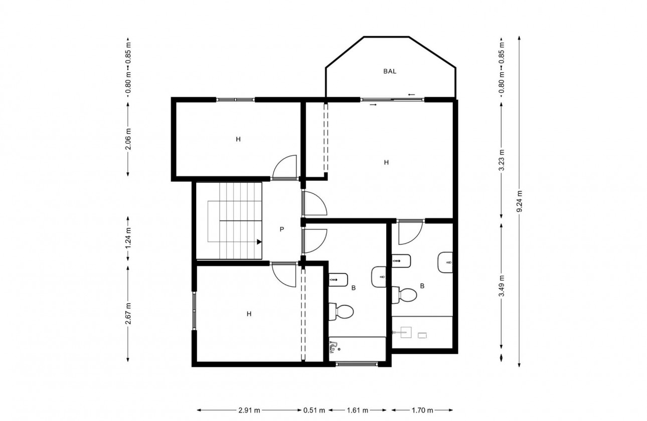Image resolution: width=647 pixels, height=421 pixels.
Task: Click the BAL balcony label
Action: tap(390, 71)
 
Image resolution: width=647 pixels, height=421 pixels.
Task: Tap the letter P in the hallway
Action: tap(282, 229)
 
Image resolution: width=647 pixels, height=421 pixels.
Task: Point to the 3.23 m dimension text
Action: tap(501, 160)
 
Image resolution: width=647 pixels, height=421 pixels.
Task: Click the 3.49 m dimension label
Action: tap(501, 286)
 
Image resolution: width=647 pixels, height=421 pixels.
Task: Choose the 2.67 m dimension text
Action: tap(128, 314)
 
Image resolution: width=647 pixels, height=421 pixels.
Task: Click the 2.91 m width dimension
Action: tap(249, 410)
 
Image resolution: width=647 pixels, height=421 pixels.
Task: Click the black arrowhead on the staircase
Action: tap(259, 242)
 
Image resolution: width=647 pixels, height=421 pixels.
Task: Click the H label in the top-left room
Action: tap(238, 139)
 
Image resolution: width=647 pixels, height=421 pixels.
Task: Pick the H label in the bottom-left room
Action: tap(249, 314)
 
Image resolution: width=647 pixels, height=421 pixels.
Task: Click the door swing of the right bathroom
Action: tap(410, 232)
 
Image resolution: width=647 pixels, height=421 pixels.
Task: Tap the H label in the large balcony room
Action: tap(386, 162)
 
